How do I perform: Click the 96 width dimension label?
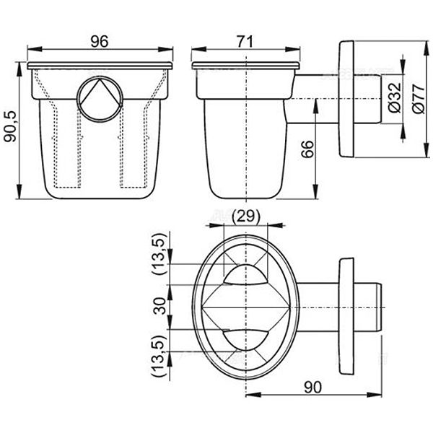click(x=100, y=41)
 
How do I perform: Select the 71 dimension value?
click(x=245, y=42)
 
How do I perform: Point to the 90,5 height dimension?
click(x=10, y=127)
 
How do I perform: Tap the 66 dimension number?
click(x=307, y=149)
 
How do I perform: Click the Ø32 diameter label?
click(x=394, y=97)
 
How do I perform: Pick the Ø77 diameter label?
click(x=419, y=99)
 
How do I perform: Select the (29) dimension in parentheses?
click(x=246, y=216)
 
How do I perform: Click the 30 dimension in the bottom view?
click(x=159, y=306)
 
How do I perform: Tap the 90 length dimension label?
click(x=313, y=387)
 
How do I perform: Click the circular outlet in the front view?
click(x=100, y=99)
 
